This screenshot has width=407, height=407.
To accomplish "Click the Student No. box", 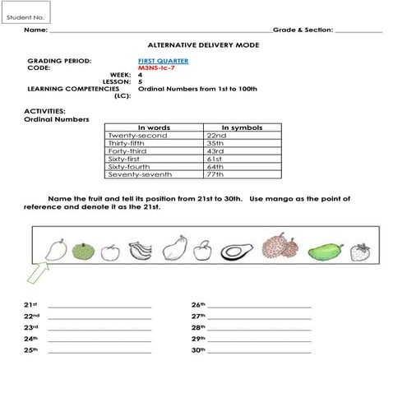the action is [26, 13].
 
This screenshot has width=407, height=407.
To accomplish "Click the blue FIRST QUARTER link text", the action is [164, 61].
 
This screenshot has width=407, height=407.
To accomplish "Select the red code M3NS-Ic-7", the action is [162, 67].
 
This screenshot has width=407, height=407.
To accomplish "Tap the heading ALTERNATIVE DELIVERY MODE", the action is [201, 45].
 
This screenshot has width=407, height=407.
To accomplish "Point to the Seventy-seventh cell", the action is [136, 174].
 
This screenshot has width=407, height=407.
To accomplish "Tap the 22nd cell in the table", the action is [216, 135].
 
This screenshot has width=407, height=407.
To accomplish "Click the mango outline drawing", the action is [55, 248].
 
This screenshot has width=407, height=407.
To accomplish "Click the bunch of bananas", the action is [141, 250].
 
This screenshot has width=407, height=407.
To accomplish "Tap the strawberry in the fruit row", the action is [358, 251].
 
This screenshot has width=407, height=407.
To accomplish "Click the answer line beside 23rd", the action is [99, 327].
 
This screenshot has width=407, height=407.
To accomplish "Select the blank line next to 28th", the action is [261, 327].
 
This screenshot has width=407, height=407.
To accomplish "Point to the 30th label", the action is [198, 349].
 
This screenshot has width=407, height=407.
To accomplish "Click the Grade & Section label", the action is [303, 30].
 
